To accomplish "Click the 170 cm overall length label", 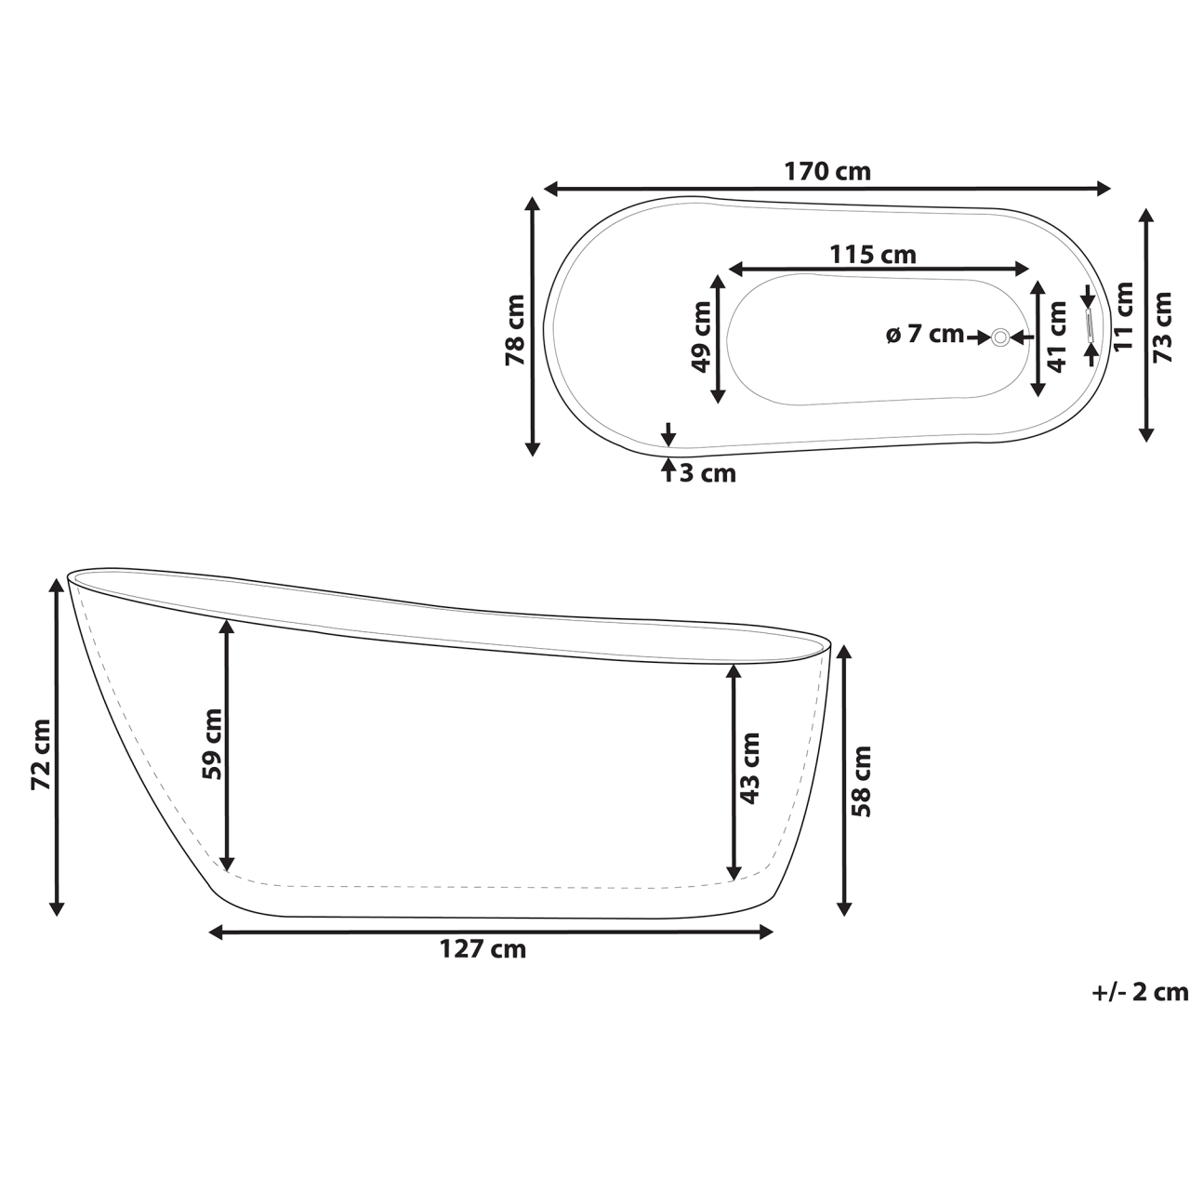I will (827, 171).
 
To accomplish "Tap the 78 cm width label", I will (514, 329).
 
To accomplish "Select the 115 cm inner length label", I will (872, 254).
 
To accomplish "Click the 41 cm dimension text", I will (1055, 336).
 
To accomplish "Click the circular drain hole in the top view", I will (1000, 337).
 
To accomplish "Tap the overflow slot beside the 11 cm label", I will (1090, 326).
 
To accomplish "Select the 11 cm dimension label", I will (1124, 316).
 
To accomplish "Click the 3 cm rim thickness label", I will (707, 473).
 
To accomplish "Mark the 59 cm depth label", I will (211, 744).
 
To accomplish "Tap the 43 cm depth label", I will (749, 768).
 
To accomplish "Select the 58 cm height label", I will (862, 780).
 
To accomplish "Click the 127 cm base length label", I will (483, 949).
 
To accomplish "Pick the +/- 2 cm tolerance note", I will (1140, 992).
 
